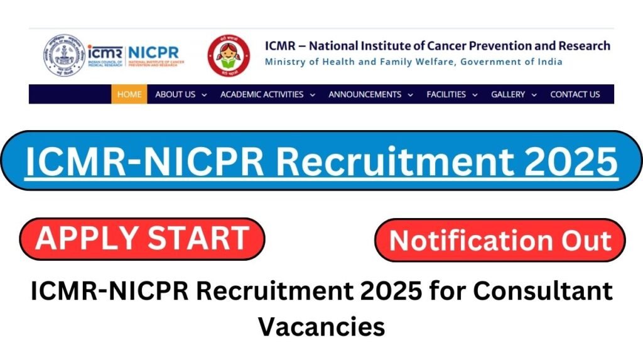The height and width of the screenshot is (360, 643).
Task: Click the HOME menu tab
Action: (129, 94)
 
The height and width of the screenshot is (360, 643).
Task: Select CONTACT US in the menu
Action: (575, 94)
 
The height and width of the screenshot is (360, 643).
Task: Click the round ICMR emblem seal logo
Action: (63, 56)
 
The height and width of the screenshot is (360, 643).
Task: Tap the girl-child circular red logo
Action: (229, 56)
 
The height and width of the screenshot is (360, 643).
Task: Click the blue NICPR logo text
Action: (153, 52)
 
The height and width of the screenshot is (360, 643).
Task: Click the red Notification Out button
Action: (500, 241)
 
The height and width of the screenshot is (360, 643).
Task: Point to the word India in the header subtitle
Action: (549, 62)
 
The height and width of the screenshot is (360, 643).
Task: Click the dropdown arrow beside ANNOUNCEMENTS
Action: (410, 95)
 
